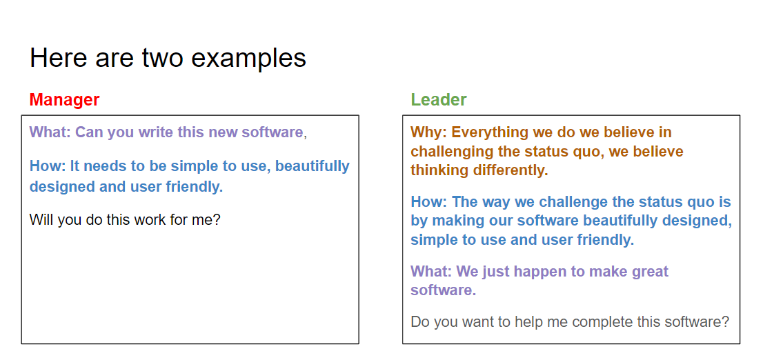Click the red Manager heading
pos(64,100)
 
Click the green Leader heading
pos(439,100)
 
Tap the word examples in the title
pos(248,58)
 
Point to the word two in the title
pos(164,58)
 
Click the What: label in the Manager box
pos(50,132)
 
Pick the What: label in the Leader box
pos(431,272)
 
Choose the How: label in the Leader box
pos(428,202)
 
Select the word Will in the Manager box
pos(41,221)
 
